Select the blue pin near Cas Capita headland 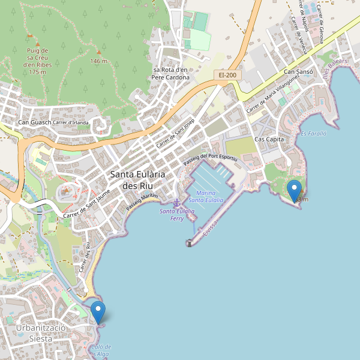pyautogui.click(x=295, y=191)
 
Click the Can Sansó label pyautogui.click(x=298, y=72)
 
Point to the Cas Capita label pyautogui.click(x=268, y=139)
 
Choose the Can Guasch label pyautogui.click(x=35, y=123)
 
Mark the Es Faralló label pyautogui.click(x=313, y=134)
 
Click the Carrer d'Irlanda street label pyautogui.click(x=71, y=123)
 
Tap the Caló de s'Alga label pyautogui.click(x=101, y=350)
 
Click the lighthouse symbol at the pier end pyautogui.click(x=189, y=243)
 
